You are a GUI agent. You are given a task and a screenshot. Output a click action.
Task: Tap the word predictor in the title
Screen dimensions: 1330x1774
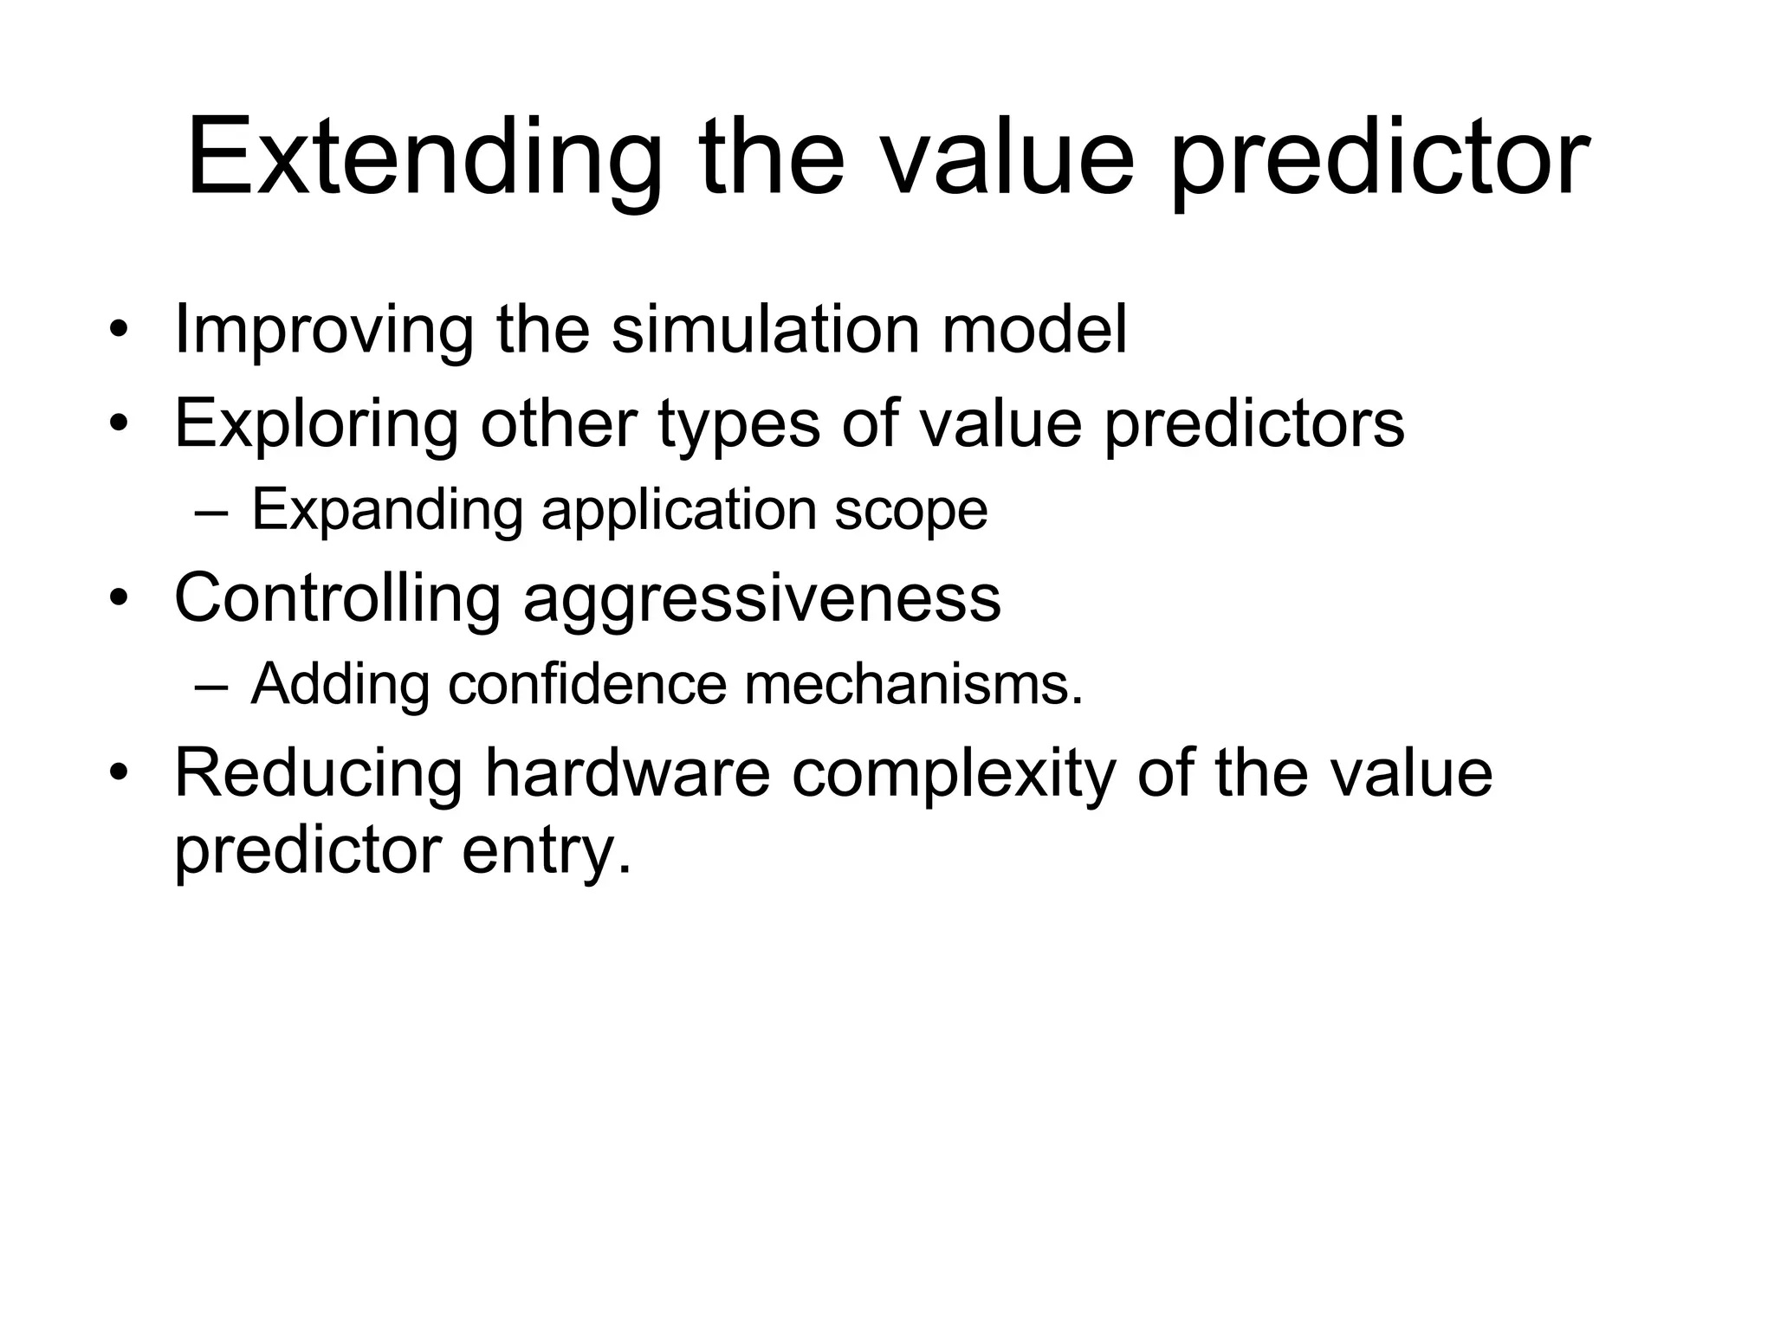[x=1380, y=160]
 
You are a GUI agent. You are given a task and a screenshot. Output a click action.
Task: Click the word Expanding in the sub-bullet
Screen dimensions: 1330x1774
[x=387, y=510]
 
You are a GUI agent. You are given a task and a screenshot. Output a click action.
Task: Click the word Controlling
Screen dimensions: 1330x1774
[x=338, y=598]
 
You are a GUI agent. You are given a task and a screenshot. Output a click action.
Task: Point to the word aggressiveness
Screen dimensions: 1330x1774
[x=762, y=598]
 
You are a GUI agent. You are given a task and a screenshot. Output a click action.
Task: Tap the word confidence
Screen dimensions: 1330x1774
[x=587, y=685]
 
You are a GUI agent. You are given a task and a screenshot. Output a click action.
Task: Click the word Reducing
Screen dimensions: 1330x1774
[x=319, y=773]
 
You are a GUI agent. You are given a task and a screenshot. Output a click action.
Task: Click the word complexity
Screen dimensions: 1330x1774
[x=953, y=773]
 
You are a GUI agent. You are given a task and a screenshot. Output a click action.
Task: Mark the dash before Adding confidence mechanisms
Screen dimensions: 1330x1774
[x=211, y=686]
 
